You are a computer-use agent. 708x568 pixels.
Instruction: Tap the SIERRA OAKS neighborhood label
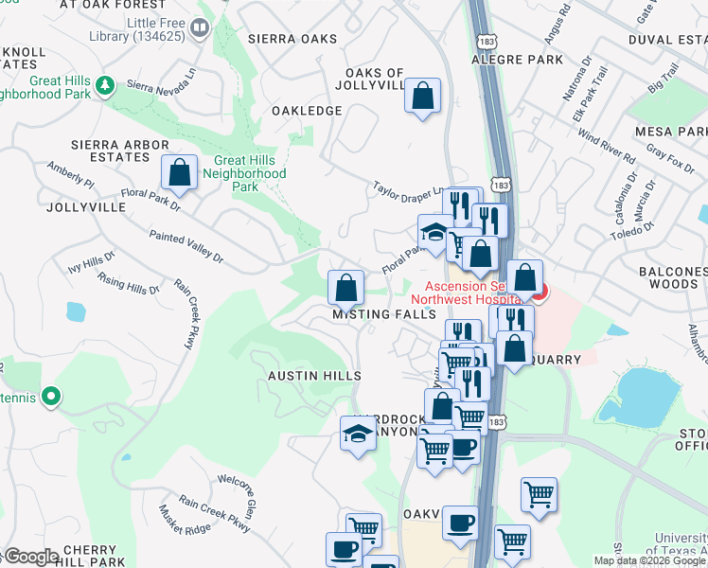(292, 39)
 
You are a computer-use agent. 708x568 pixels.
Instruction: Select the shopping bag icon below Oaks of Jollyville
(423, 96)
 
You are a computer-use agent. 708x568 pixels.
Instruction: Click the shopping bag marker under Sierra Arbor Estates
(179, 173)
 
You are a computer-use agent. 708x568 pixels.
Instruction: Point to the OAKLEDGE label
(307, 111)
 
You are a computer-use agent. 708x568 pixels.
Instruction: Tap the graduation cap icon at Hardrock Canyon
(357, 434)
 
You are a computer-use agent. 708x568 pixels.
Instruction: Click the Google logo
(30, 557)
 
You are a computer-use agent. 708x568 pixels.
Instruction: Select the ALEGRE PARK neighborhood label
(523, 59)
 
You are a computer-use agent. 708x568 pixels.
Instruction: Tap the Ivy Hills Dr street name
(91, 262)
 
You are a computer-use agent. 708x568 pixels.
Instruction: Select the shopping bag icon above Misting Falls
(347, 285)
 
